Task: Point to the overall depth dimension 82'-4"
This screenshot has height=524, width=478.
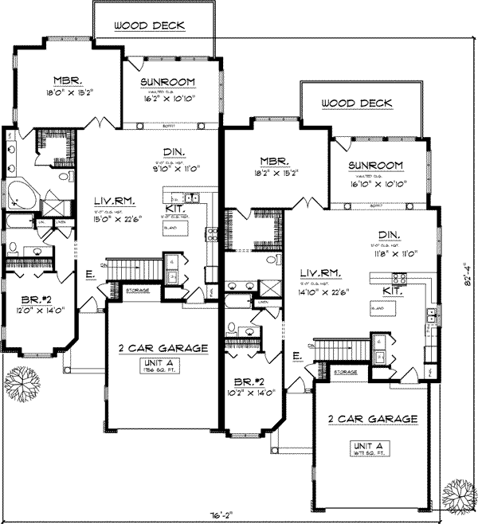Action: click(468, 272)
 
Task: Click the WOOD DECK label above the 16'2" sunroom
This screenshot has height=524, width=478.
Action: click(149, 25)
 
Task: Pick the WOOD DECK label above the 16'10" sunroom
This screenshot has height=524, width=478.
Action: click(357, 104)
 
